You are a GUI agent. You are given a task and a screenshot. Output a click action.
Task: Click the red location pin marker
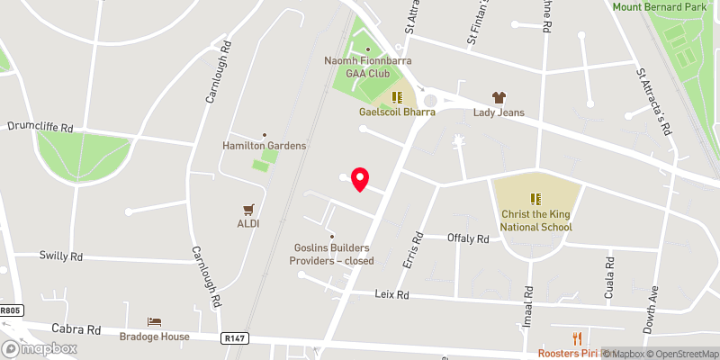[x=360, y=179]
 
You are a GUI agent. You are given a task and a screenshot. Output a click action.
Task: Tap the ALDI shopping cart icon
[x=248, y=209]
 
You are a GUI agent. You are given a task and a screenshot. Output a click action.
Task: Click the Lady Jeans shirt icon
[x=498, y=97]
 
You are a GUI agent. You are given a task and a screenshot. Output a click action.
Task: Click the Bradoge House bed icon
[x=155, y=322]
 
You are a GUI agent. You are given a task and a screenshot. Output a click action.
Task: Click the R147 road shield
[x=231, y=337]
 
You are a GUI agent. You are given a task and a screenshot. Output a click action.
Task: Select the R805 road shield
[x=10, y=310]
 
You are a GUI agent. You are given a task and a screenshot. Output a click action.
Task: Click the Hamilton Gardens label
[x=265, y=145]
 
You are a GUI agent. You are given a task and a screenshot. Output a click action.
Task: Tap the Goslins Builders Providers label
[x=331, y=255]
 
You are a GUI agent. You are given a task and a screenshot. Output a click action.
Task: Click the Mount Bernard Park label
[x=666, y=7]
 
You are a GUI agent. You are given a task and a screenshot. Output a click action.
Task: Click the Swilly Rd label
[x=61, y=256]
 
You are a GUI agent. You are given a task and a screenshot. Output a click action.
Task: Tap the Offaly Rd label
[x=468, y=238]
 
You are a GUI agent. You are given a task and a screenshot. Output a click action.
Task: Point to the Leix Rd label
[x=391, y=294]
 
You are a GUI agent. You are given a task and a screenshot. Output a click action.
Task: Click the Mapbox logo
[x=40, y=348]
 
